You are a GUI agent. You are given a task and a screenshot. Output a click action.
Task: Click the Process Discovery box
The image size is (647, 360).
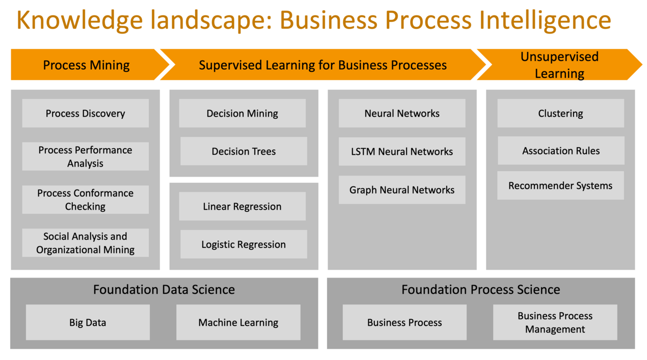[86, 113]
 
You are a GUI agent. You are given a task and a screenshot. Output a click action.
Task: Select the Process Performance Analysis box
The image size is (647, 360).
[86, 156]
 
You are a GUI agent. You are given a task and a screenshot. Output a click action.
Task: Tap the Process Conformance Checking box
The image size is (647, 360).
[86, 200]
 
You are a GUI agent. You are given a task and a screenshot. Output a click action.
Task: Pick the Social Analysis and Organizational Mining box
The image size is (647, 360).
[86, 243]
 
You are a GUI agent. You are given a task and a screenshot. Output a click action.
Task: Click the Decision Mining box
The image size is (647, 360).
[242, 113]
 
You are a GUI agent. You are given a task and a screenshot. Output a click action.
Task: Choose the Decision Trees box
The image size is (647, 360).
[244, 151]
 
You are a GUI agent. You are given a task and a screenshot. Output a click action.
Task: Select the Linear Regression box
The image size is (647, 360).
[242, 206]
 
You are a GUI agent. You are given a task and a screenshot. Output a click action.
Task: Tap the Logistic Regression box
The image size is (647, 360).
[244, 244]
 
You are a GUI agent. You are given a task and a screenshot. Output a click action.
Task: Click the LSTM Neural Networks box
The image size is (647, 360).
[402, 151]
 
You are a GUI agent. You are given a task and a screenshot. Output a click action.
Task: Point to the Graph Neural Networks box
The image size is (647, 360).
[402, 189]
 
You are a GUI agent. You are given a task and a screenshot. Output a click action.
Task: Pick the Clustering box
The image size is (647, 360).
[560, 113]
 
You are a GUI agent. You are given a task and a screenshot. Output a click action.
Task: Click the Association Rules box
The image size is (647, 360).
[561, 150]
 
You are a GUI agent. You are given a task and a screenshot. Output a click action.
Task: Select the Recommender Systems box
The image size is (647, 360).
[560, 185]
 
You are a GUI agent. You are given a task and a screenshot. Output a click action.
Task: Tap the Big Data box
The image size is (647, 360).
[88, 322]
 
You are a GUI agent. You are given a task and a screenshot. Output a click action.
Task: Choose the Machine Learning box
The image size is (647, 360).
[238, 322]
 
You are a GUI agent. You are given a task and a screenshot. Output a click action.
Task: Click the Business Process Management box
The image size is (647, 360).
[555, 322]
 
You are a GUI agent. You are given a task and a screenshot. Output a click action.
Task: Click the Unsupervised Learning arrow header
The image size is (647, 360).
[559, 64]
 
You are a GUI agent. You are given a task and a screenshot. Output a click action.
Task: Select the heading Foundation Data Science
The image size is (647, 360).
[164, 290]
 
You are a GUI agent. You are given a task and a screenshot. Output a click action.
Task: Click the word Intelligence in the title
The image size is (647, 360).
[545, 21]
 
